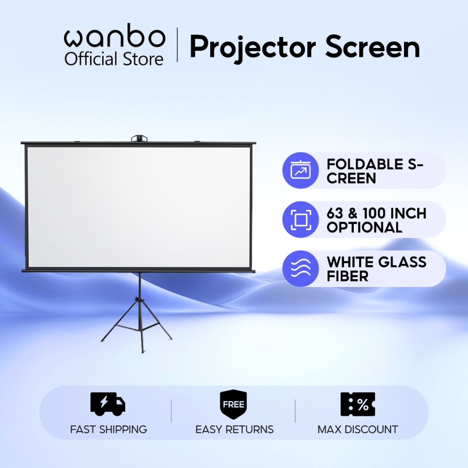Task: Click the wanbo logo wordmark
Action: pyautogui.click(x=114, y=38)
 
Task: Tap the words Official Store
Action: pyautogui.click(x=114, y=59)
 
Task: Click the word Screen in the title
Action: pyautogui.click(x=372, y=47)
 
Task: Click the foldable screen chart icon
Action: pyautogui.click(x=300, y=170)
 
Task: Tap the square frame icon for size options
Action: pyautogui.click(x=300, y=220)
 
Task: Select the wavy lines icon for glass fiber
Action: pyautogui.click(x=300, y=269)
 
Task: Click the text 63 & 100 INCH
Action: pyautogui.click(x=376, y=213)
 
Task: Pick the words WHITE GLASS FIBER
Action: pyautogui.click(x=376, y=269)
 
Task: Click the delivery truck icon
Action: pyautogui.click(x=108, y=404)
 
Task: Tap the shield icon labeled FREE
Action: pyautogui.click(x=234, y=404)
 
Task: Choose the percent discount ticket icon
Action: pyautogui.click(x=358, y=404)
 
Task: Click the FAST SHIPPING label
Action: pyautogui.click(x=108, y=430)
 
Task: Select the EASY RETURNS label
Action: pyautogui.click(x=234, y=430)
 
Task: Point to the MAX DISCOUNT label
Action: pyautogui.click(x=358, y=430)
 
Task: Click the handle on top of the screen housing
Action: pyautogui.click(x=138, y=138)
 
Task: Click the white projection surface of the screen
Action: pyautogui.click(x=138, y=206)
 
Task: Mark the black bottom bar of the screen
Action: pyautogui.click(x=138, y=271)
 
